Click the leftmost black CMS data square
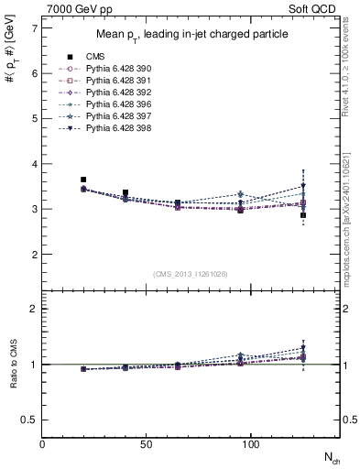point(83,180)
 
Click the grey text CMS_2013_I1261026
point(191,274)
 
